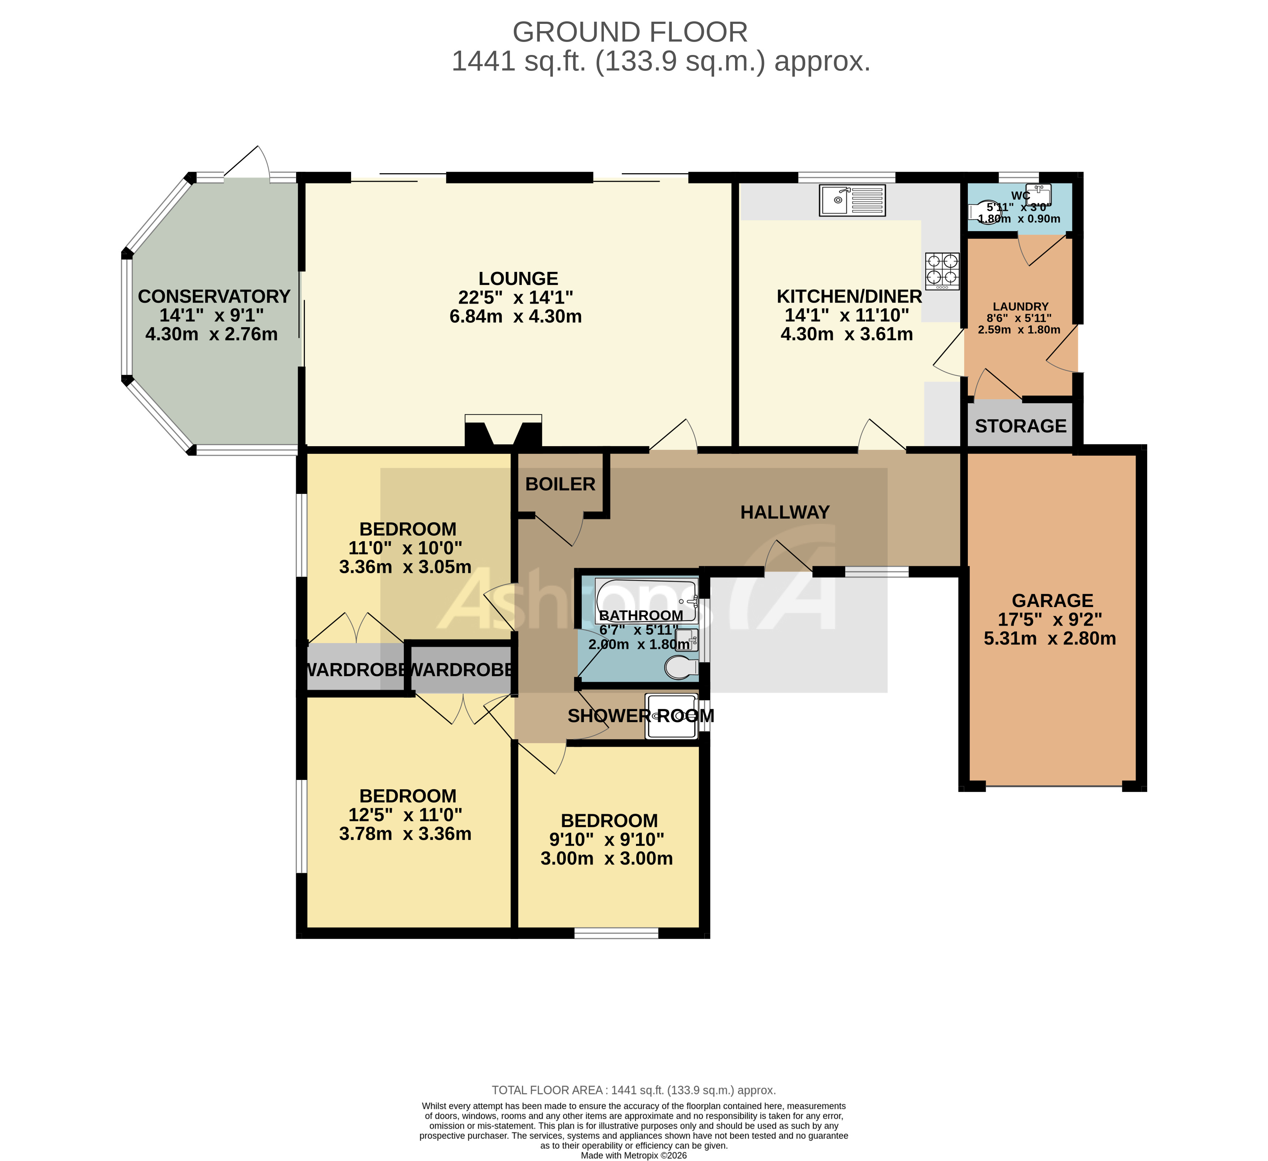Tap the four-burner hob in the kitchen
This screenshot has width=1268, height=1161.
[942, 270]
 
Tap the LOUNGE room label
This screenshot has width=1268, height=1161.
[518, 279]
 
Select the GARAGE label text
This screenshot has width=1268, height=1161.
[1052, 601]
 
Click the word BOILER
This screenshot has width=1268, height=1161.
[560, 484]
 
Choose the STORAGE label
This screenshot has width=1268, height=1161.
[1020, 426]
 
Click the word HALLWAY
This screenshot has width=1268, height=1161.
[784, 513]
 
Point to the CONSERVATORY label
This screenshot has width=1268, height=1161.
[214, 296]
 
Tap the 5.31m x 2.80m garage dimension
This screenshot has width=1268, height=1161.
[1049, 639]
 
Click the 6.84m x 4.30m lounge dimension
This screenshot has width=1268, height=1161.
[515, 316]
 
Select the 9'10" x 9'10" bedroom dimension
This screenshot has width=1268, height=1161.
[607, 840]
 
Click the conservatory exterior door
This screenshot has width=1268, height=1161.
[247, 165]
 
